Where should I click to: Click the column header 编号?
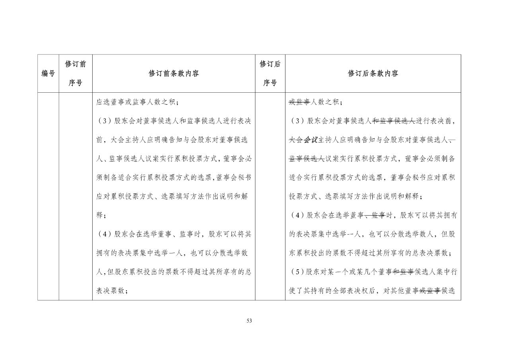[x=48, y=74]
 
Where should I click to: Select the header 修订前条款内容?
[x=174, y=74]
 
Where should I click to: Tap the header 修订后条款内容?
[x=373, y=74]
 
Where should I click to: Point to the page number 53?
[x=249, y=321]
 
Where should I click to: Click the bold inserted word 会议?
[x=311, y=140]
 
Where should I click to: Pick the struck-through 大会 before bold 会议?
[x=296, y=140]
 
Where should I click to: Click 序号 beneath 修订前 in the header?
[x=75, y=83]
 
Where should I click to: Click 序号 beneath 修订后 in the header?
[x=270, y=83]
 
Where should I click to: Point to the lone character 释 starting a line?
[x=99, y=215]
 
